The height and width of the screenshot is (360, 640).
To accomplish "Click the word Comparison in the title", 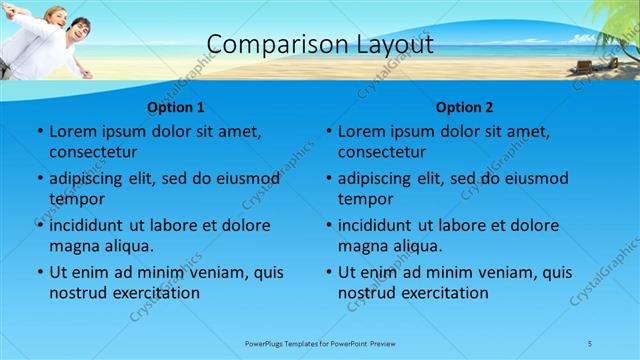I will [265, 44].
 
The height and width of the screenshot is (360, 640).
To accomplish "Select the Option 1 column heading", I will [176, 107].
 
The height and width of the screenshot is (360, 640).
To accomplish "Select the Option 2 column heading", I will [465, 107].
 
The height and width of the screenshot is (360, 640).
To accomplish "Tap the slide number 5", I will [589, 343].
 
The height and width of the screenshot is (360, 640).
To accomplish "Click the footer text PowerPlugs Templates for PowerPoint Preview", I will [320, 343].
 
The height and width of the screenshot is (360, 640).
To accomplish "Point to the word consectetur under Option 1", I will [93, 152].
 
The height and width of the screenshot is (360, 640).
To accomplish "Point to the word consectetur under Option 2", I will [382, 152].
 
